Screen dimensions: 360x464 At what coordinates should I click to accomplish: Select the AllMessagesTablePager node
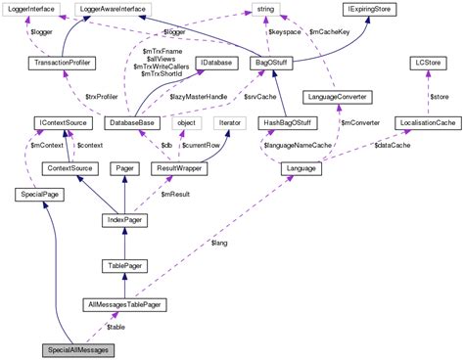click(x=123, y=305)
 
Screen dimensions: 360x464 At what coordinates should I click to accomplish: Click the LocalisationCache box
click(x=423, y=123)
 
